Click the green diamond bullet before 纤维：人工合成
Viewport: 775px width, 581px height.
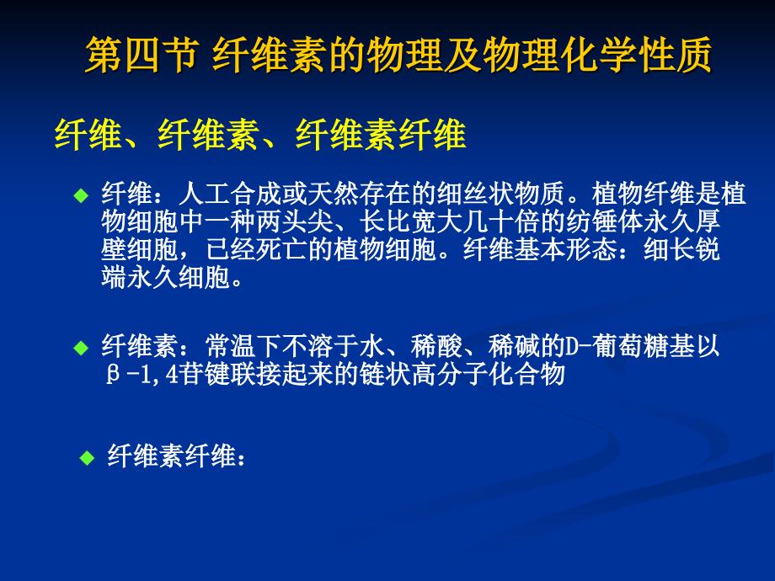click(x=81, y=195)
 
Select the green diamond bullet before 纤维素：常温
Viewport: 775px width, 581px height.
click(x=81, y=348)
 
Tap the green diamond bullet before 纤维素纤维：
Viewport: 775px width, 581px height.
click(x=87, y=458)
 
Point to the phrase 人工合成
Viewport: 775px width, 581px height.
click(x=230, y=194)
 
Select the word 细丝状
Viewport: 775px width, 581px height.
click(x=474, y=194)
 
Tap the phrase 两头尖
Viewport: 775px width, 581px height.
click(x=294, y=221)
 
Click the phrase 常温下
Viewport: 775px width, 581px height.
click(x=243, y=346)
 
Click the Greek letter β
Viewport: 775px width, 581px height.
click(x=113, y=375)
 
